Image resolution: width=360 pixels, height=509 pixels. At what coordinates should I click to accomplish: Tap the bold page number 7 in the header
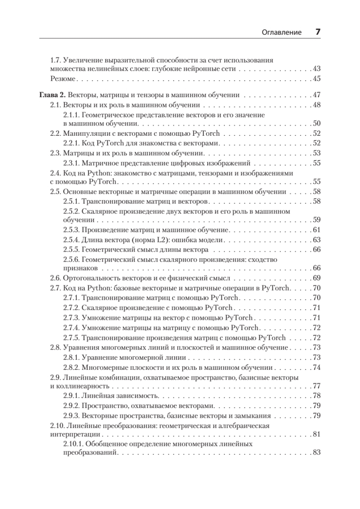317,32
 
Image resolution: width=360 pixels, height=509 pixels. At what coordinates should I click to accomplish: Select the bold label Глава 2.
52,95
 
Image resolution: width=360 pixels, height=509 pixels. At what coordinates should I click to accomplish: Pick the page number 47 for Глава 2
316,95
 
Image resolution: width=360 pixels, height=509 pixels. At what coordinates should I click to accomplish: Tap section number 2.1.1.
71,115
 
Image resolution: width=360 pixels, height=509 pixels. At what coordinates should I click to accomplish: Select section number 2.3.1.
71,163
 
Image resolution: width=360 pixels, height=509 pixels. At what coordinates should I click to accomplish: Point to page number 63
316,240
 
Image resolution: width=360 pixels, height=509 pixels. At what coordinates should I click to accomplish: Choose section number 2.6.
56,278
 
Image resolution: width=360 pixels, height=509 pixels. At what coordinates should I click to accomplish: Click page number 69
316,278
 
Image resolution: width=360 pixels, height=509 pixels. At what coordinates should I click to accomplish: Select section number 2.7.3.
71,317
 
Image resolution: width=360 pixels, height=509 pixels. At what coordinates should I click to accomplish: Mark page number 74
316,367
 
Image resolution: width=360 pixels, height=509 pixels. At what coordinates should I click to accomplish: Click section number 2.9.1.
71,395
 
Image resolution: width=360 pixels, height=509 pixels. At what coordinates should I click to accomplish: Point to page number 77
316,386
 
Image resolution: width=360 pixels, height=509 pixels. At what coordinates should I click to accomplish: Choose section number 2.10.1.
73,444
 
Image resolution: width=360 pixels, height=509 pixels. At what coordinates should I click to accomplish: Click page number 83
316,453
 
